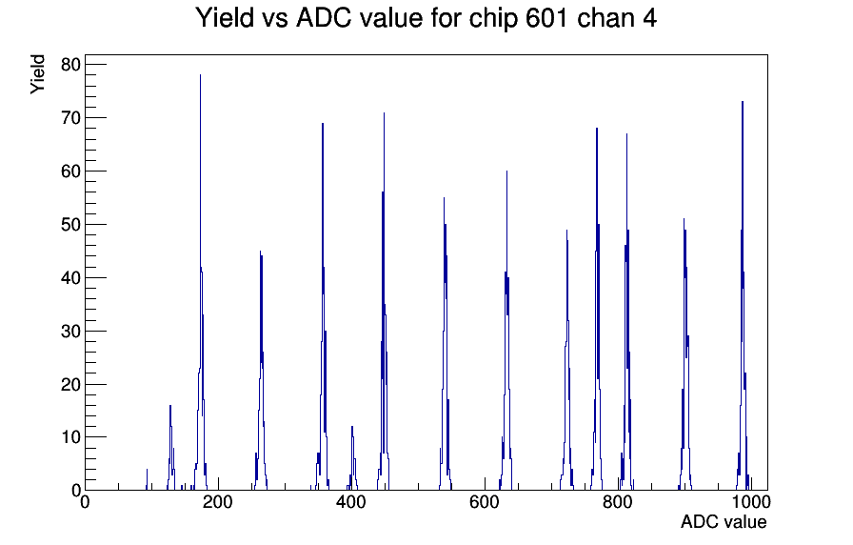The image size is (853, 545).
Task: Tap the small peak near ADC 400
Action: (x=352, y=458)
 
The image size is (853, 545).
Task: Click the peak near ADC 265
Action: (x=261, y=371)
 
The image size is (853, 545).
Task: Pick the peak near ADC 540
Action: (x=445, y=343)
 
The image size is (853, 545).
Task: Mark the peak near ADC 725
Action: (x=566, y=359)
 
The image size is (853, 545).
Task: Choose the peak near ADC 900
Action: (x=684, y=353)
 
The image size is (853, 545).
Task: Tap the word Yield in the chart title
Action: (x=225, y=17)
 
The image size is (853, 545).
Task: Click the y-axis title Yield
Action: (x=37, y=74)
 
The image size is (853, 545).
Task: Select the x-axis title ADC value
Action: (x=724, y=521)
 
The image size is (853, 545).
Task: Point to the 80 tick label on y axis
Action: (x=70, y=65)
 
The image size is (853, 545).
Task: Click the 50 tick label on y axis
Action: (x=70, y=224)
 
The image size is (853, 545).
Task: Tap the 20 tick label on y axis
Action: (x=70, y=384)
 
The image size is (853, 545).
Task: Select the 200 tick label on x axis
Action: (x=218, y=501)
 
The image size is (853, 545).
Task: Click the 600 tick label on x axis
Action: (x=485, y=501)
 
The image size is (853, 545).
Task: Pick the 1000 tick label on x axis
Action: (x=750, y=501)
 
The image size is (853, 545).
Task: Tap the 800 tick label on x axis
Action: (x=618, y=501)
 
